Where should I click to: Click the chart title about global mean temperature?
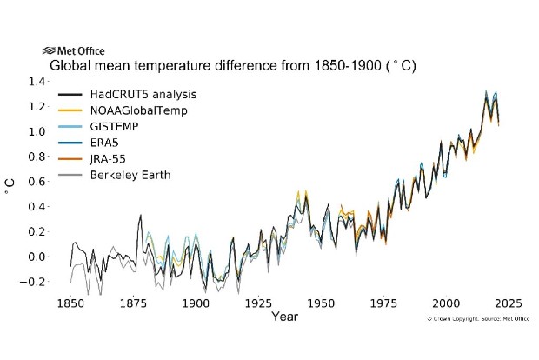[231, 66]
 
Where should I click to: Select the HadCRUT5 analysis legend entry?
[139, 94]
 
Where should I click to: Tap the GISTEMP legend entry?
[118, 126]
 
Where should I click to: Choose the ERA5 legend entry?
[110, 143]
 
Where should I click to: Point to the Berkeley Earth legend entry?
[131, 175]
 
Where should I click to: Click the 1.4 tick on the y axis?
[37, 82]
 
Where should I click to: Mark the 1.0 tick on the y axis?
[37, 131]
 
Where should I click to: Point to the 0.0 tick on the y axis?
[37, 257]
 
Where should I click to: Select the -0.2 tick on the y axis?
[35, 282]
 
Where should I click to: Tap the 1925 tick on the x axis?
[258, 304]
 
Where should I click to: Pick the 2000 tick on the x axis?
[446, 304]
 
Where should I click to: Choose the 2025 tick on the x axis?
[509, 304]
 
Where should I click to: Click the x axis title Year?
[283, 317]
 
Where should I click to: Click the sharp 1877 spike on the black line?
[141, 216]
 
